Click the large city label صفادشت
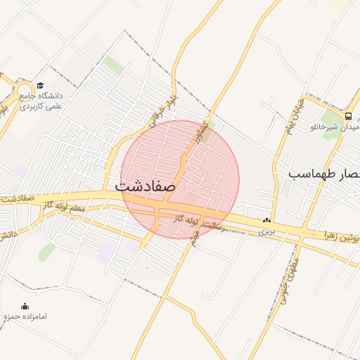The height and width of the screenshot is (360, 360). click(x=145, y=186)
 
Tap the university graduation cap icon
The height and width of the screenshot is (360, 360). click(x=39, y=86)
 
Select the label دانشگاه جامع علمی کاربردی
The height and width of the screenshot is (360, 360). click(x=41, y=100)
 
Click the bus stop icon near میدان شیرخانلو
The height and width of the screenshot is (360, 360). click(x=348, y=116)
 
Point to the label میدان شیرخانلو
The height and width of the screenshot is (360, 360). click(x=336, y=128)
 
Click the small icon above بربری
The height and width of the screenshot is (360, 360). click(x=266, y=221)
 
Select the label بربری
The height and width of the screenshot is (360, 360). click(x=265, y=231)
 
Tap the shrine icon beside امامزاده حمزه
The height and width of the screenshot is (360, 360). click(x=25, y=307)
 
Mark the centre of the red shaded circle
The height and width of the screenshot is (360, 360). click(x=179, y=179)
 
